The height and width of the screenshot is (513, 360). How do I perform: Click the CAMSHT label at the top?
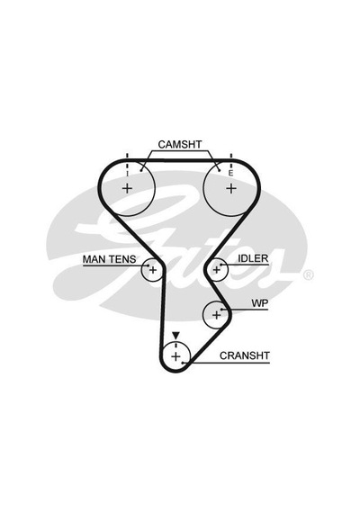(180, 144)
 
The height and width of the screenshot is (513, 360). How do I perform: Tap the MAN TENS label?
(109, 259)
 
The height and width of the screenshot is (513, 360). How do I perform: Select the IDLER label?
(253, 258)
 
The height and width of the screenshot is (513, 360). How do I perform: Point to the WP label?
(259, 303)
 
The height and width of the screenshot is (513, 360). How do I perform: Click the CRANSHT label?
(245, 355)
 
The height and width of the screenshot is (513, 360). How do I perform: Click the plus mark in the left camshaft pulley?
(127, 188)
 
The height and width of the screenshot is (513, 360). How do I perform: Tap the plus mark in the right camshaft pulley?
(231, 188)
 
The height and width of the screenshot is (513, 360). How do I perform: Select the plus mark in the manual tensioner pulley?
(153, 270)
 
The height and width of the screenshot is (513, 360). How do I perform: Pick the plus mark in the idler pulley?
(216, 270)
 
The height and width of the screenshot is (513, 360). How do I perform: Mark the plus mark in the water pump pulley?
(216, 315)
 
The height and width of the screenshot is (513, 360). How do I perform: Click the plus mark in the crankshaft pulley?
(175, 356)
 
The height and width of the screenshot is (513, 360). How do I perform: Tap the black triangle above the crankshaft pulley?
(176, 336)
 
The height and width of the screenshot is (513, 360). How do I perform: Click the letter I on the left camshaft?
(127, 174)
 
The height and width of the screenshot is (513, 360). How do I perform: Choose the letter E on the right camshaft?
(230, 174)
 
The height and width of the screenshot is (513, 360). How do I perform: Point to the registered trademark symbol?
(308, 275)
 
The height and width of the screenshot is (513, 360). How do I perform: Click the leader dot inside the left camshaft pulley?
(141, 170)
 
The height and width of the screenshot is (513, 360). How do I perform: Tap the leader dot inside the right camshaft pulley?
(219, 170)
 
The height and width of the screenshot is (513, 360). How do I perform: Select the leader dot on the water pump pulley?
(222, 310)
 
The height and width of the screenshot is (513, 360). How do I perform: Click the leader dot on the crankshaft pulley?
(183, 363)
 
